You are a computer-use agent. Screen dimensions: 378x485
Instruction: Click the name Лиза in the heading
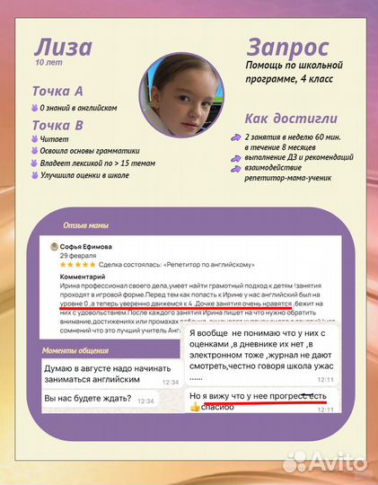pyautogui.click(x=61, y=48)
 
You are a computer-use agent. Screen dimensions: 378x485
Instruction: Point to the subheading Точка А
pyautogui.click(x=57, y=92)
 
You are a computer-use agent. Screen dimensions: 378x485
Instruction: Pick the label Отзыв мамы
pyautogui.click(x=86, y=225)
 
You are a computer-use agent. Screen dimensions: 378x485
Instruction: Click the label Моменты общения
pyautogui.click(x=76, y=349)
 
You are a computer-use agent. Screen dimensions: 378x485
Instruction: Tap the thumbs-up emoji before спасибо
pyautogui.click(x=194, y=407)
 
